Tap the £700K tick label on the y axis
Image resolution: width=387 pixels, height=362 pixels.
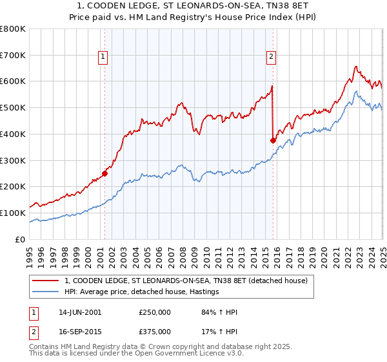coord(13,56)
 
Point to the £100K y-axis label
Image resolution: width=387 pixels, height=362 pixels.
coord(13,213)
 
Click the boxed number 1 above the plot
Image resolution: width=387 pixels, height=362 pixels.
coord(103,57)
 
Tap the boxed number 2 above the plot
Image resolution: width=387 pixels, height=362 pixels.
coord(271,57)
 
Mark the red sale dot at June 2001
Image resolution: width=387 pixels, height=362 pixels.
coord(104,173)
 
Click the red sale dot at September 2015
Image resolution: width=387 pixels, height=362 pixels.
coord(273,140)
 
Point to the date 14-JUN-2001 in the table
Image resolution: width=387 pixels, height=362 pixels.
coord(80,312)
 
